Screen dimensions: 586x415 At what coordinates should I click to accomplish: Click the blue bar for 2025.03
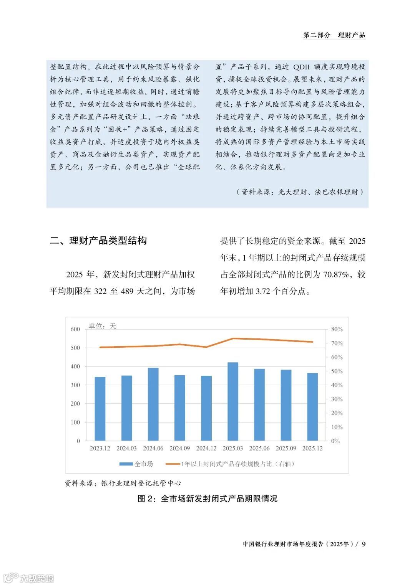pyautogui.click(x=233, y=401)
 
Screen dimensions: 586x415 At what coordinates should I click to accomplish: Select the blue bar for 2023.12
pyautogui.click(x=100, y=409)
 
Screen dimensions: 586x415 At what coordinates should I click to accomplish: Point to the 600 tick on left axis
pyautogui.click(x=75, y=329)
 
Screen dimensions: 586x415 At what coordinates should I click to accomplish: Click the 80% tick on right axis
pyautogui.click(x=337, y=329)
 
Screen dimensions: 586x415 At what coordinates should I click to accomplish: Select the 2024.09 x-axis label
pyautogui.click(x=179, y=448)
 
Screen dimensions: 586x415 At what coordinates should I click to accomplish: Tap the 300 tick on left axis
pyautogui.click(x=75, y=385)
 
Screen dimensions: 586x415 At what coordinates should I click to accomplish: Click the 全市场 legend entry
pyautogui.click(x=136, y=464)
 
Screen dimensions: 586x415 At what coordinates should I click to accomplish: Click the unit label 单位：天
pyautogui.click(x=102, y=326)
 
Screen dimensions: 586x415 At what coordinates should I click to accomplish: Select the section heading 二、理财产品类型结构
pyautogui.click(x=98, y=241)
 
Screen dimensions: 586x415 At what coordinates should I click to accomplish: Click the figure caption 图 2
pyautogui.click(x=207, y=499)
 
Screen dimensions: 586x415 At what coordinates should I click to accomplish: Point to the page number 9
pyautogui.click(x=364, y=544)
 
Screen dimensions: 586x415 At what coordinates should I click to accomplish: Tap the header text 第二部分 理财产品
pyautogui.click(x=334, y=35)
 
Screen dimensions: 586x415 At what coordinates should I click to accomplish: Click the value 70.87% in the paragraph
pyautogui.click(x=336, y=274)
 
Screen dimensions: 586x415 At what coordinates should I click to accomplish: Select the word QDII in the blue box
pyautogui.click(x=301, y=67)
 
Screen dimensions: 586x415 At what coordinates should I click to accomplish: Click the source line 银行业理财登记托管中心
pyautogui.click(x=123, y=483)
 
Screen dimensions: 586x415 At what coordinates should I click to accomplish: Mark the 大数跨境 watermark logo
pyautogui.click(x=28, y=578)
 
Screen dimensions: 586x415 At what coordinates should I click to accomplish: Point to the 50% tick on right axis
pyautogui.click(x=337, y=371)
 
